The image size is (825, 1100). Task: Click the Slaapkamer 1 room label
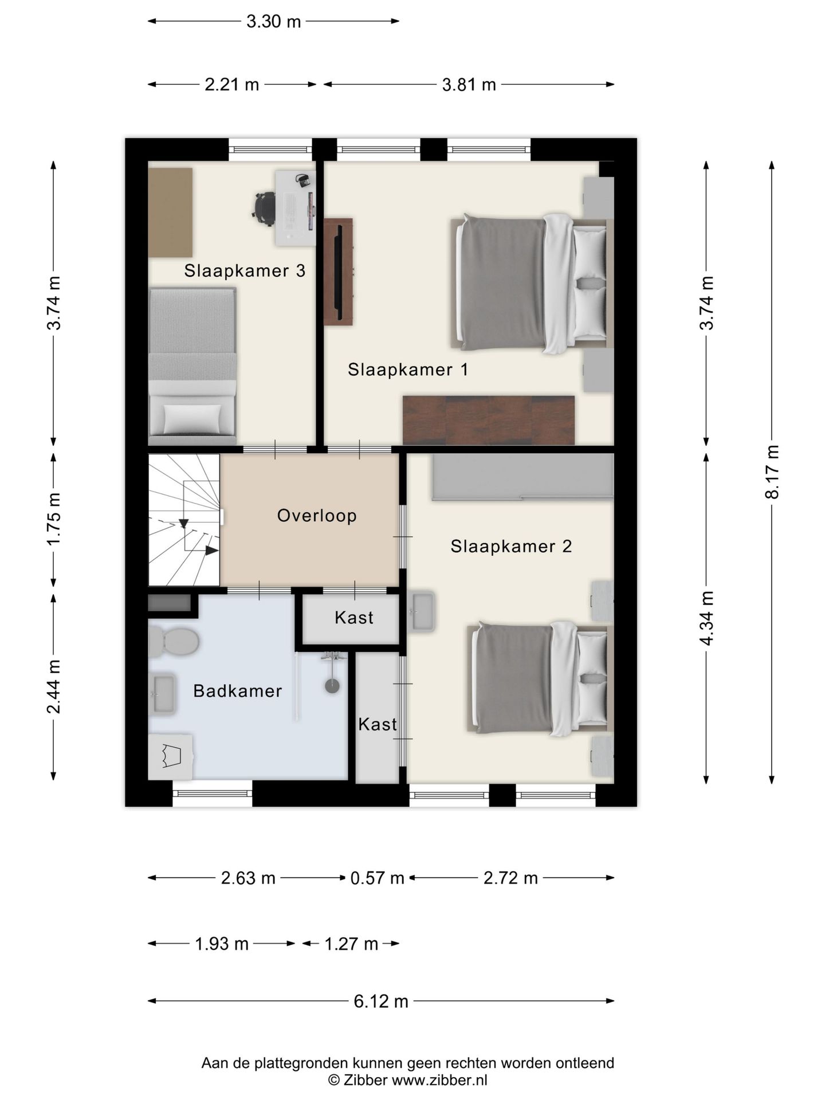point(408,370)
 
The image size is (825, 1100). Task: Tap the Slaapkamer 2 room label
point(511,546)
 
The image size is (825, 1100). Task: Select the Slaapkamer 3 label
point(245,270)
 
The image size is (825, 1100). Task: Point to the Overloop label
point(317,516)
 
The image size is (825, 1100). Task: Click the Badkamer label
point(238,691)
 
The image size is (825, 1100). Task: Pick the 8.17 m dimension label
point(772,472)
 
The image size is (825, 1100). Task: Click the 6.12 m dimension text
point(381,1001)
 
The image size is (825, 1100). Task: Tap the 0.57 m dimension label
point(378,878)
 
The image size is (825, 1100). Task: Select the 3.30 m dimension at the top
point(273,22)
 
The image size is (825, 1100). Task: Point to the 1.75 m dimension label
point(54,520)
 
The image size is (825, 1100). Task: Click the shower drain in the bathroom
point(332,686)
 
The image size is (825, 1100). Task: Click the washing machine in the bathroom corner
point(170,757)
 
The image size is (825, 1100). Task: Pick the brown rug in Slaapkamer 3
point(170,213)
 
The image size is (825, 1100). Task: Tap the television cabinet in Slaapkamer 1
point(338,272)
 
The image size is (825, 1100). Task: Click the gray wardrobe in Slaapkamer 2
point(522,477)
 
